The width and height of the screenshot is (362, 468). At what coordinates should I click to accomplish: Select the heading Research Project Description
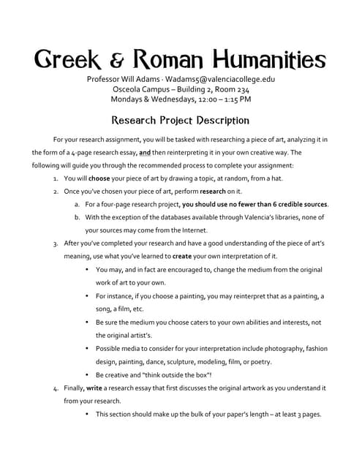click(181, 120)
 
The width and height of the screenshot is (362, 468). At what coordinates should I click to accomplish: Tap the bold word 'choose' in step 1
click(102, 178)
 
